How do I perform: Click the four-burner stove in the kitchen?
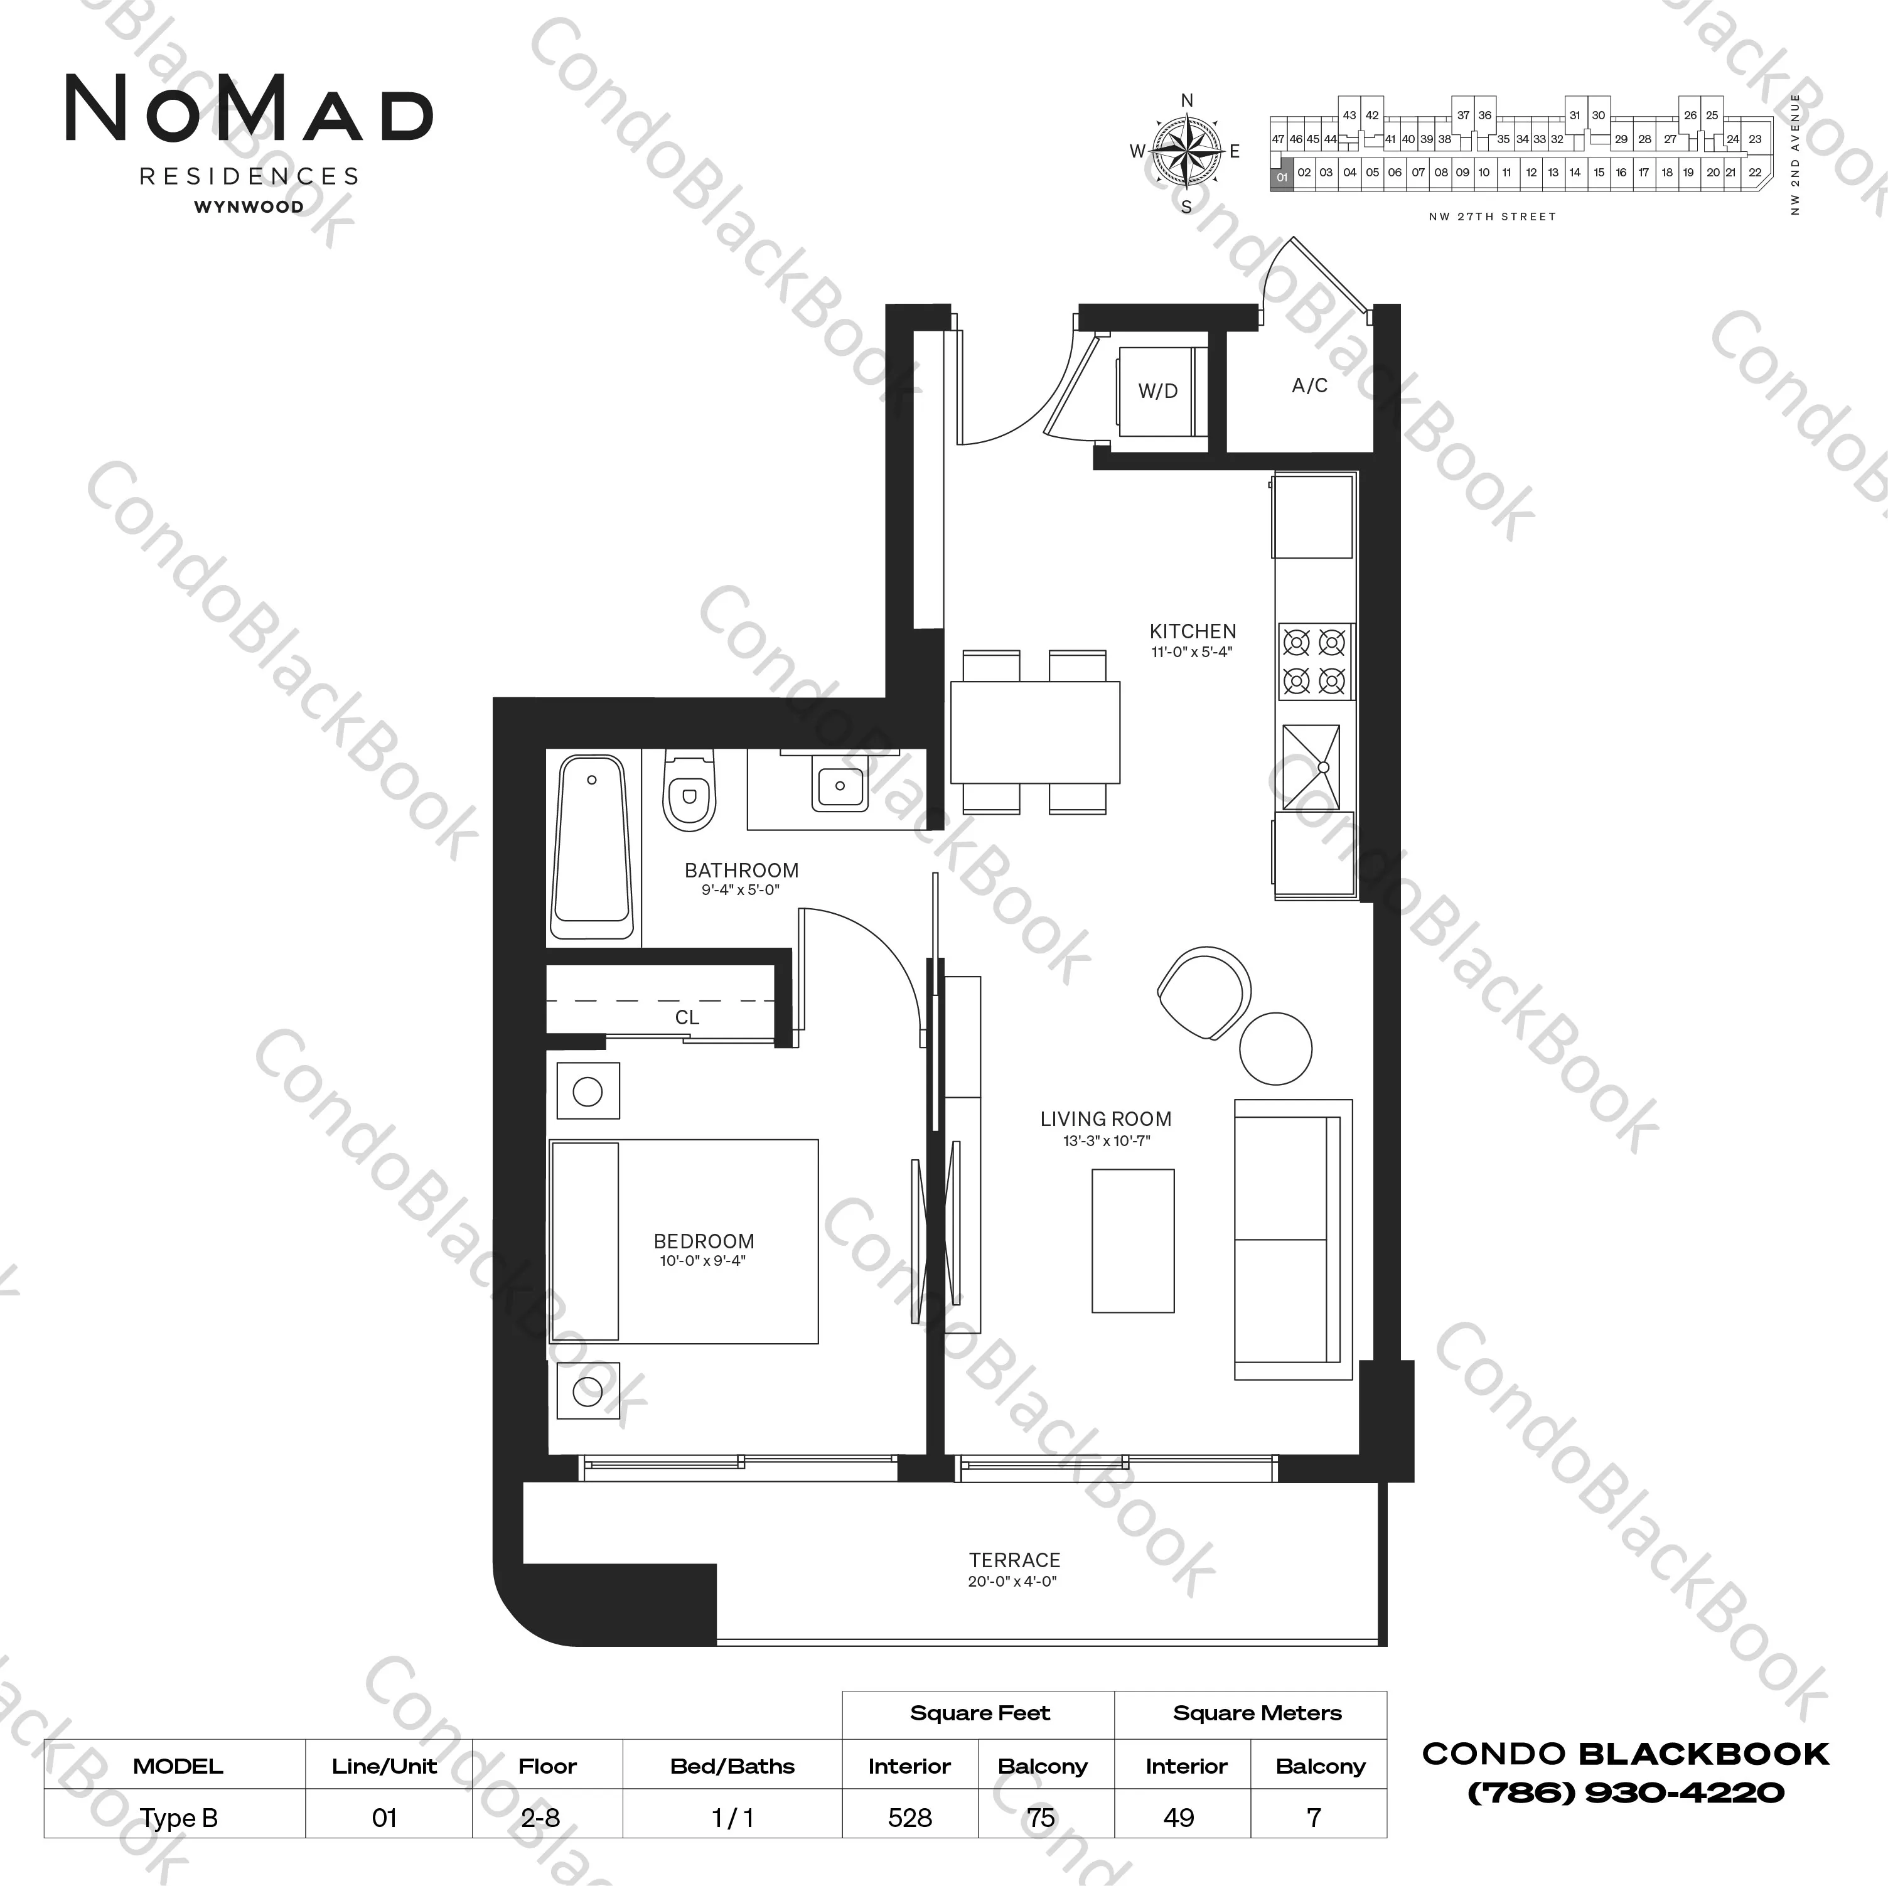pyautogui.click(x=1314, y=661)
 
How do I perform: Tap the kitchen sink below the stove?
pyautogui.click(x=1311, y=766)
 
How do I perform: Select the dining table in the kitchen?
pyautogui.click(x=1035, y=732)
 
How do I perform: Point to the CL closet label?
pyautogui.click(x=687, y=1017)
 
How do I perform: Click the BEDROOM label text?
pyautogui.click(x=704, y=1241)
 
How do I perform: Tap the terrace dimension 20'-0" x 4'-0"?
pyautogui.click(x=1012, y=1581)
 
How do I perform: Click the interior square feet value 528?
pyautogui.click(x=910, y=1818)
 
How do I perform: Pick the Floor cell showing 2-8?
pyautogui.click(x=540, y=1818)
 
